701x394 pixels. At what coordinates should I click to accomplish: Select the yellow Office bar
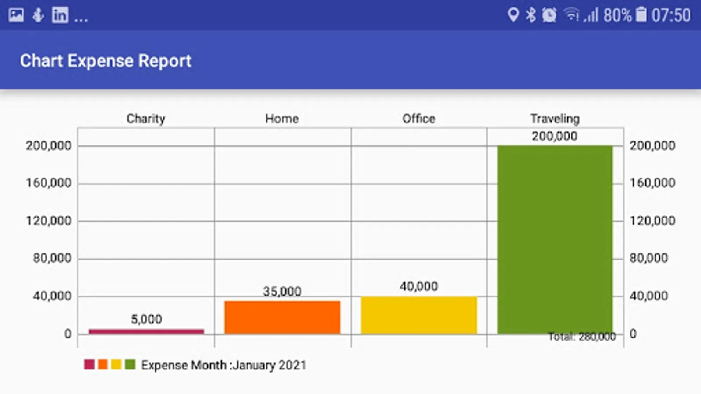point(418,315)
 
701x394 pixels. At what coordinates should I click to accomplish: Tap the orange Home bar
point(282,317)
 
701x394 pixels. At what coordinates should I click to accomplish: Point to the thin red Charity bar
point(146,331)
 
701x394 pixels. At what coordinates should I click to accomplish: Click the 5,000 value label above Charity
point(146,319)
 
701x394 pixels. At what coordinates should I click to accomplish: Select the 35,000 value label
point(282,291)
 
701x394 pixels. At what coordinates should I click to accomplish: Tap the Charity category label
point(146,119)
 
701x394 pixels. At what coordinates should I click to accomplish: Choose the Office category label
point(419,119)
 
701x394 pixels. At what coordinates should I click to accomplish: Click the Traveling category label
point(555,119)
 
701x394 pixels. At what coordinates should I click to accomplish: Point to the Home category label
point(282,119)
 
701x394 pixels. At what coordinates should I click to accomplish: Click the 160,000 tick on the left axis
point(48,183)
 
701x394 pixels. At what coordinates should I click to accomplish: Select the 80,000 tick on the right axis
point(648,258)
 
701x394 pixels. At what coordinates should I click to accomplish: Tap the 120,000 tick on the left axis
point(48,221)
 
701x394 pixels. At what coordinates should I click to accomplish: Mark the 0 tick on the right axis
point(633,334)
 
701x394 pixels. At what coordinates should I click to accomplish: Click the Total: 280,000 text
point(582,337)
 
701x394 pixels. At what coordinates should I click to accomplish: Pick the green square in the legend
point(130,364)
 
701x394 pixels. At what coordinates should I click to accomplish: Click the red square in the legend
point(89,364)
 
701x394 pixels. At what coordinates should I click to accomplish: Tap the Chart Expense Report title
point(106,61)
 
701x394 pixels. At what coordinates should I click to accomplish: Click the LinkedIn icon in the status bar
point(60,15)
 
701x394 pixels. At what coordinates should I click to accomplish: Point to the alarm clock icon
point(549,15)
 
